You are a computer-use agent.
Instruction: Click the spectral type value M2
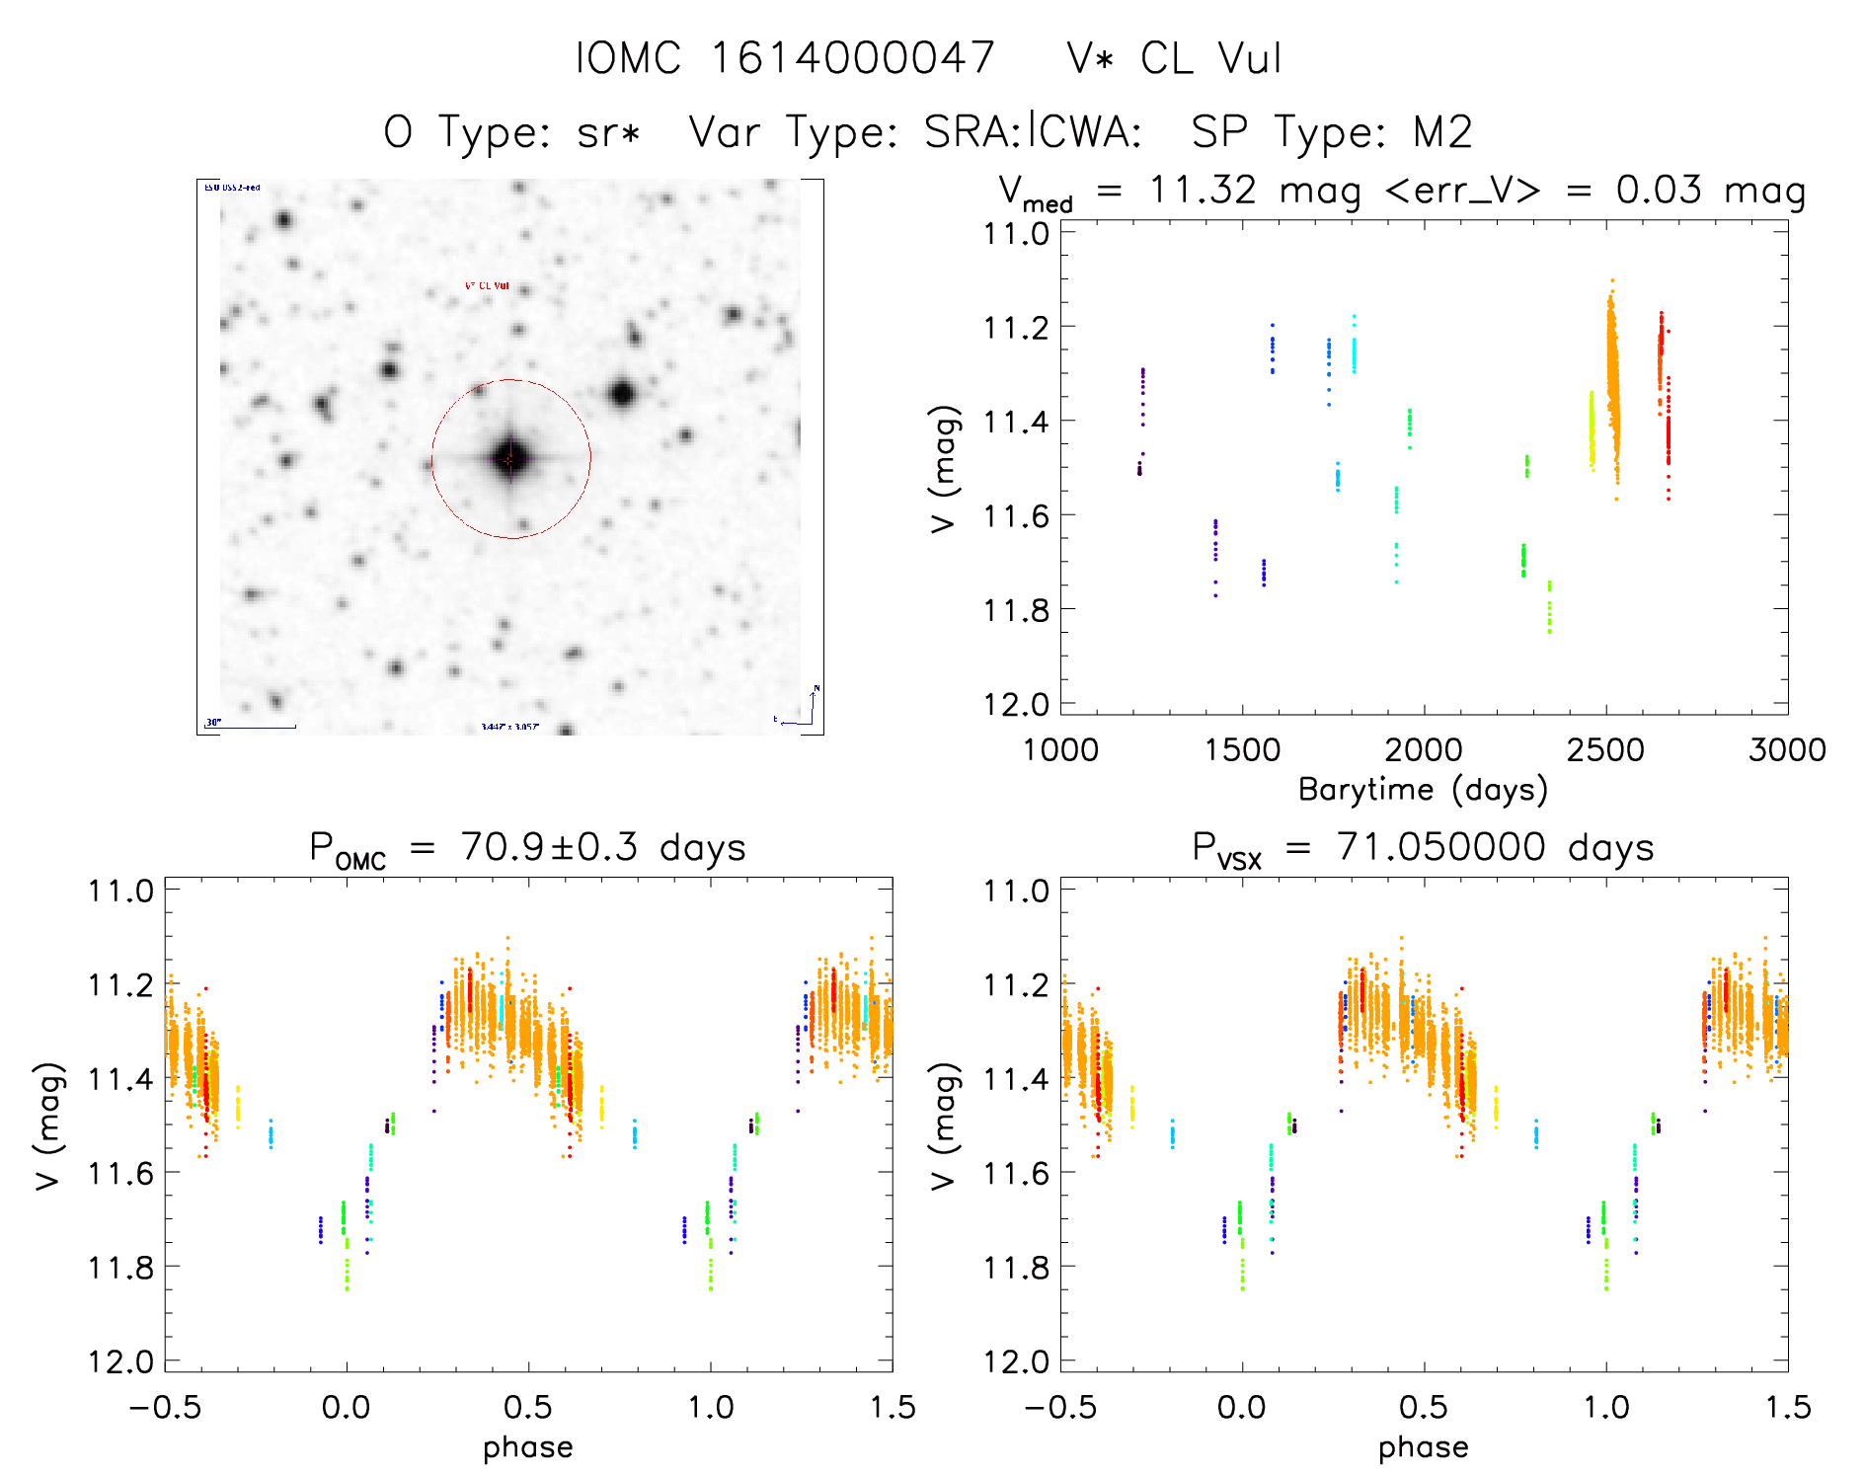pyautogui.click(x=1442, y=132)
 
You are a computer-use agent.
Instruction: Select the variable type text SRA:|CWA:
pyautogui.click(x=1033, y=132)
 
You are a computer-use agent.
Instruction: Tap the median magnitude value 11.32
pyautogui.click(x=1203, y=190)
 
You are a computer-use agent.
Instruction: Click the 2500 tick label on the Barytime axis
pyautogui.click(x=1605, y=750)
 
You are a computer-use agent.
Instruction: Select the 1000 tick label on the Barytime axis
pyautogui.click(x=1060, y=750)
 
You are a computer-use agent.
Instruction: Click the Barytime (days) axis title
pyautogui.click(x=1423, y=790)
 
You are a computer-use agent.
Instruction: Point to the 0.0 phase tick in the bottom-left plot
pyautogui.click(x=347, y=1408)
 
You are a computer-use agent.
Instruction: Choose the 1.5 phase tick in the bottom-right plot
pyautogui.click(x=1787, y=1408)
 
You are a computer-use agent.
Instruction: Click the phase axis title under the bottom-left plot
pyautogui.click(x=528, y=1447)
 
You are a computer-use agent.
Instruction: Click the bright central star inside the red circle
pyautogui.click(x=510, y=458)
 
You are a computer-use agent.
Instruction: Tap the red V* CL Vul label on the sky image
pyautogui.click(x=487, y=286)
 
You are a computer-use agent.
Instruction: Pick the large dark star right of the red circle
pyautogui.click(x=622, y=394)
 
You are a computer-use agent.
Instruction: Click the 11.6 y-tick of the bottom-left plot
pyautogui.click(x=120, y=1173)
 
